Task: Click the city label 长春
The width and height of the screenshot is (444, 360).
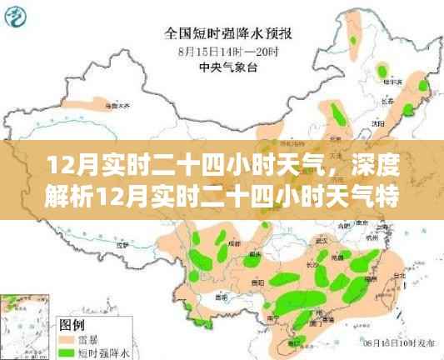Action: [387, 99]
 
